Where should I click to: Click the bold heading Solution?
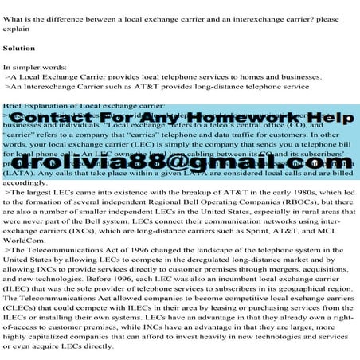(19, 49)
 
